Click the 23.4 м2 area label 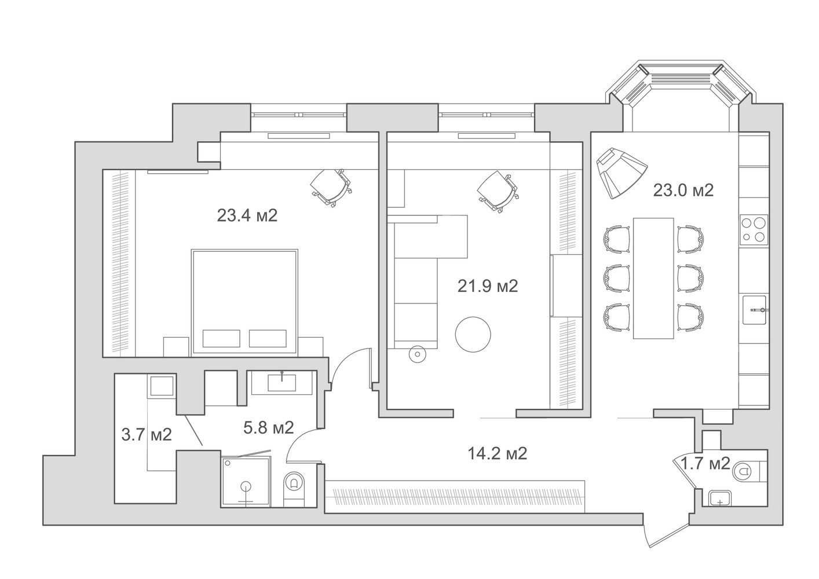[x=247, y=215]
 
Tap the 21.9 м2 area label [x=488, y=286]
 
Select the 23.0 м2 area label [x=683, y=190]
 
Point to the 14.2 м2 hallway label [x=497, y=453]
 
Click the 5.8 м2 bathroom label [x=269, y=427]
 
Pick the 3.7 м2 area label [x=146, y=435]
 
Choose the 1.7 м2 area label [x=705, y=464]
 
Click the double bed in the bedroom [x=244, y=302]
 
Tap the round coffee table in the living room [x=473, y=334]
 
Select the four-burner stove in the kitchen [x=754, y=229]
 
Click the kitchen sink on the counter [x=755, y=310]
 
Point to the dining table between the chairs [x=653, y=278]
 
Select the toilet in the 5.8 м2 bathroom [x=293, y=489]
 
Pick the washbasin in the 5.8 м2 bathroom [x=281, y=383]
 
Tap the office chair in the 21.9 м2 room [x=498, y=191]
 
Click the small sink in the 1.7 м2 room [x=720, y=499]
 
